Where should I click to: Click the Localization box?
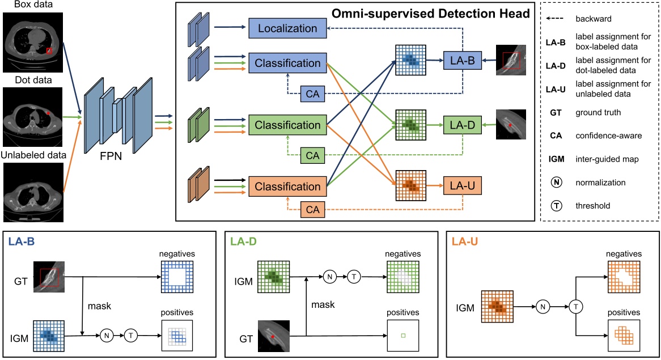pos(287,28)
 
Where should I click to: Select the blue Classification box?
pos(287,62)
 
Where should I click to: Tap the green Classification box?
pos(287,125)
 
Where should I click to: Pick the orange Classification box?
pos(287,187)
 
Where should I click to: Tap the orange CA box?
pos(312,210)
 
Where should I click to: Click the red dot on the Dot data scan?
pos(49,113)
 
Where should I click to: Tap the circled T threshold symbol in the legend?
pos(557,206)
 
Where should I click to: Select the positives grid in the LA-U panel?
pos(622,336)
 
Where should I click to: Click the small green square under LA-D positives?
pos(403,336)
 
